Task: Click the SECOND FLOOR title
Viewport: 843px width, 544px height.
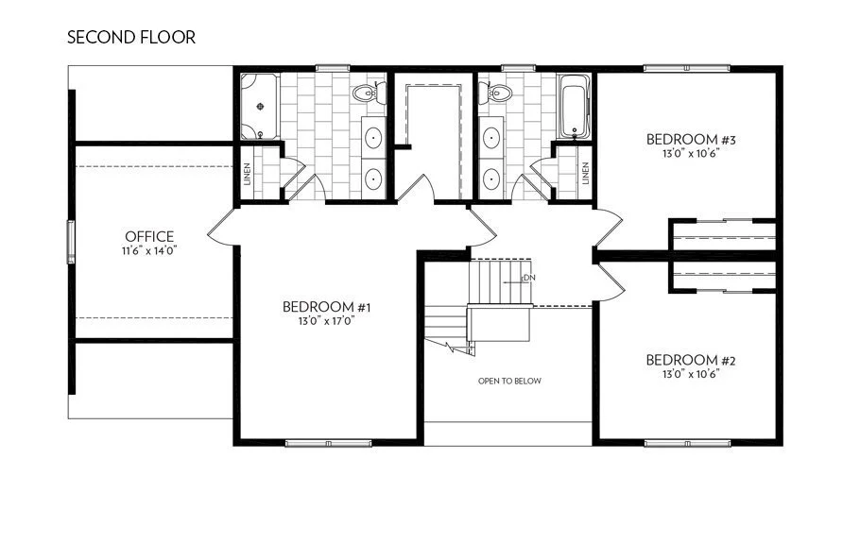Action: click(x=131, y=38)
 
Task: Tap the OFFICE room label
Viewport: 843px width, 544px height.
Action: click(x=149, y=236)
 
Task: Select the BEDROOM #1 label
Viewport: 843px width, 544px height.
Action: click(x=325, y=307)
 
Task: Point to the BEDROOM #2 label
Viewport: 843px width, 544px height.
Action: click(x=690, y=360)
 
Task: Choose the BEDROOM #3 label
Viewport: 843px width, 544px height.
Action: click(x=690, y=140)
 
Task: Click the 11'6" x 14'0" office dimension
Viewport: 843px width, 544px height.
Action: click(x=149, y=251)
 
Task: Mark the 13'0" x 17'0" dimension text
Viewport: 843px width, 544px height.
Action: click(x=325, y=321)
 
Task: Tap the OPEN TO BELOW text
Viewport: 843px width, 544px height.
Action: click(x=509, y=382)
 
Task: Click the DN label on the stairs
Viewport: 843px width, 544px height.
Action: click(x=529, y=278)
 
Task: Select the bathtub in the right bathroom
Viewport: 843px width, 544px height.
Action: click(x=574, y=107)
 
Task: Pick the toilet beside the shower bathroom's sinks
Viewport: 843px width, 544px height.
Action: click(x=366, y=93)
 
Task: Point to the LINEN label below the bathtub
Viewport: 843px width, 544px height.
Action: click(x=586, y=173)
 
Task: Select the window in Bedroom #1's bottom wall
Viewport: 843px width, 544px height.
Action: click(x=320, y=442)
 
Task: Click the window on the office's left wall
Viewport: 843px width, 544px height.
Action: click(x=69, y=241)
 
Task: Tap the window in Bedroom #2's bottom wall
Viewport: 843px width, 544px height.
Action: click(x=686, y=442)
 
